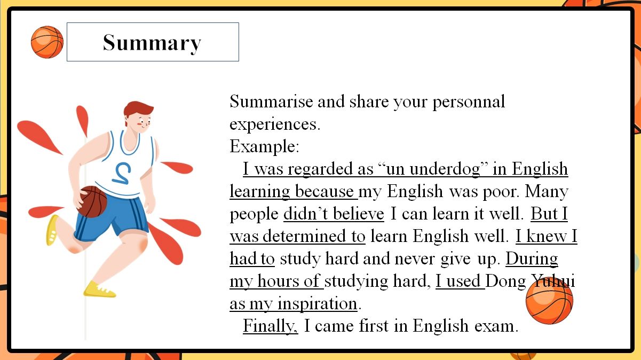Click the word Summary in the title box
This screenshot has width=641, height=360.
tap(152, 43)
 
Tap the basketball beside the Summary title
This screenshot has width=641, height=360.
tap(47, 42)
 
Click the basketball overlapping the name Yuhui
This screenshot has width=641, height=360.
tap(549, 301)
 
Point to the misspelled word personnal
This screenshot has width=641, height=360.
tap(469, 102)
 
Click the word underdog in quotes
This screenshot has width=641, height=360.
tap(445, 169)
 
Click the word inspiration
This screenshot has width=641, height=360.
tap(318, 303)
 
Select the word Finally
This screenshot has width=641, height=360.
tap(271, 326)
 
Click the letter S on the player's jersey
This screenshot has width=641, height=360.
tap(122, 173)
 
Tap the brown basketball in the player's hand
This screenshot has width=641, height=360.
tap(92, 201)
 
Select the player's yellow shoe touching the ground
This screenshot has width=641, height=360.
tap(99, 289)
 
